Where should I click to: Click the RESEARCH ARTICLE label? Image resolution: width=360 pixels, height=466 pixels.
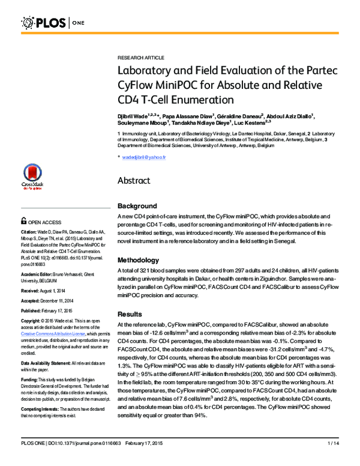(140, 57)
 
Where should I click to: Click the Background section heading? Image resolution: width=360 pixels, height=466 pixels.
(137, 206)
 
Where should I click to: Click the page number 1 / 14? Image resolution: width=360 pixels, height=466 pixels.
(334, 460)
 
